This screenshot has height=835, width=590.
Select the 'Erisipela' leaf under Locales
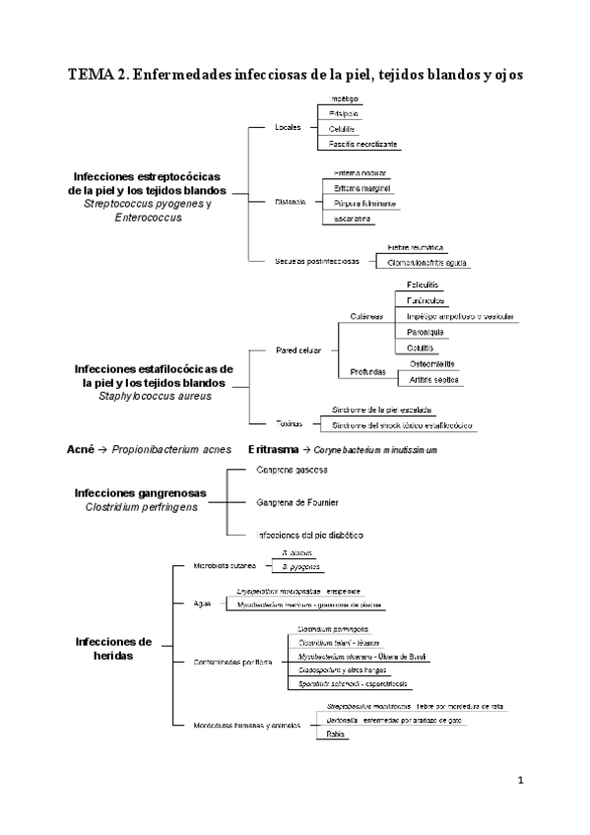[x=345, y=114]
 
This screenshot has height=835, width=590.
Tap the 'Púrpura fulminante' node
[x=363, y=203]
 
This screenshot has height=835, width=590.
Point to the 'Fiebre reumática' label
[x=416, y=247]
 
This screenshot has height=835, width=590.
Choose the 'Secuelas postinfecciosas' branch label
[x=317, y=261]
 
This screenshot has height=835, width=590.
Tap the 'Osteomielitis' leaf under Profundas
[x=431, y=363]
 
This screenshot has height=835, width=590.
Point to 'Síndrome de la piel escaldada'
[x=382, y=409]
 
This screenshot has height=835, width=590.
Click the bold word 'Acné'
[x=80, y=448]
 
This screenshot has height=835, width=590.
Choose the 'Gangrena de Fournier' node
[x=296, y=502]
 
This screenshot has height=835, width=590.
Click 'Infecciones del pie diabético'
[x=310, y=534]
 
